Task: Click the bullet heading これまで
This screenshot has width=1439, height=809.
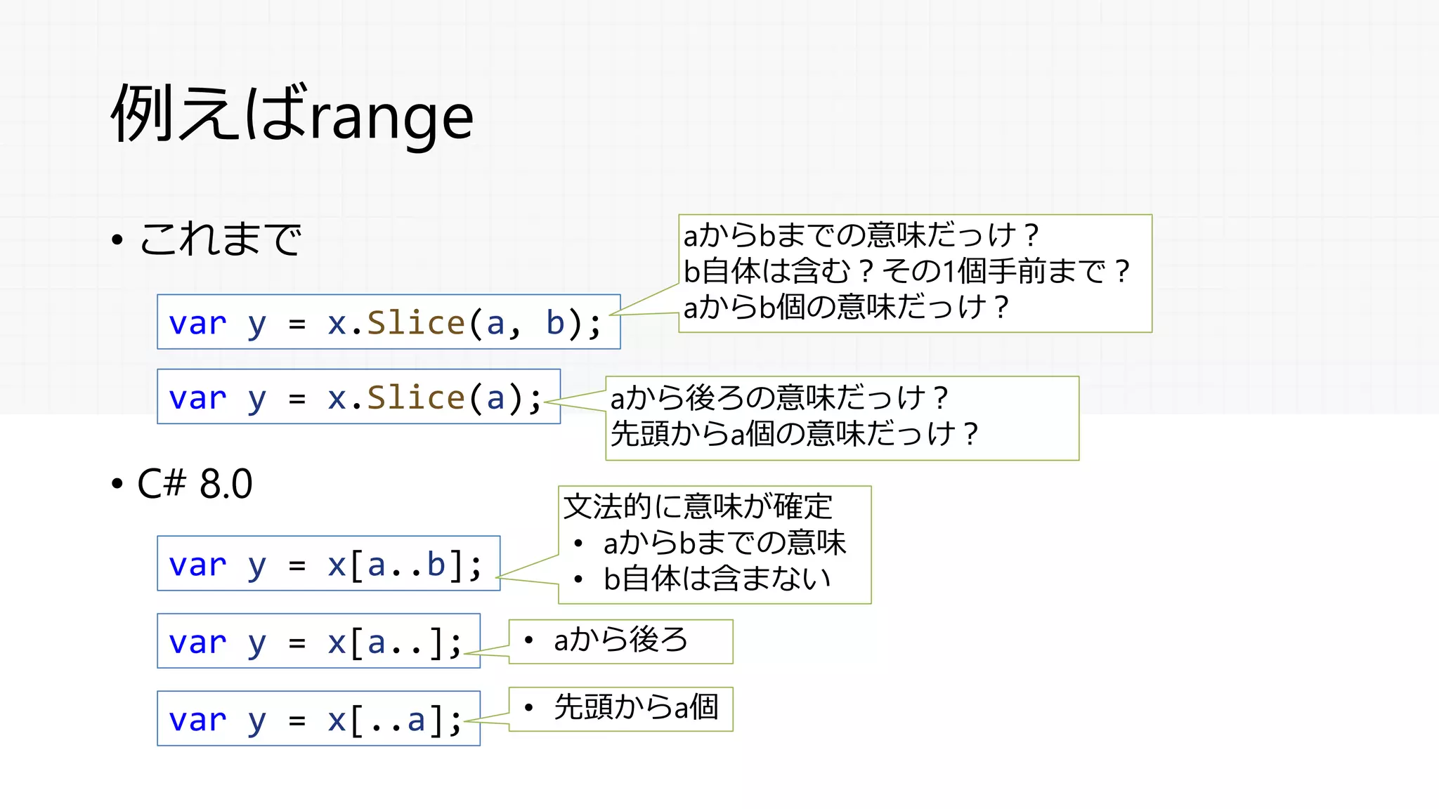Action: pyautogui.click(x=220, y=239)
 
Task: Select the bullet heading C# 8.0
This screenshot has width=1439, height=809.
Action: pyautogui.click(x=195, y=484)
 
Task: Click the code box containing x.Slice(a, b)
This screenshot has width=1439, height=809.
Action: pyautogui.click(x=389, y=322)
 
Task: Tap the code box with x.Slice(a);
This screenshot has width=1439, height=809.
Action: pyautogui.click(x=358, y=397)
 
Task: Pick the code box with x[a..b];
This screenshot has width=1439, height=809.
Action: pyautogui.click(x=328, y=564)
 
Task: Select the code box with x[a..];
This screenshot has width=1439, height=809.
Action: pyautogui.click(x=318, y=641)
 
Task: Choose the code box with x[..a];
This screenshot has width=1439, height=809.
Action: pyautogui.click(x=318, y=718)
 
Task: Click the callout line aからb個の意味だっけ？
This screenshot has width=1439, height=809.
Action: pyautogui.click(x=846, y=307)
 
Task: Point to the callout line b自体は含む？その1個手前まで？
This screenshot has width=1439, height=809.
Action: pyautogui.click(x=906, y=271)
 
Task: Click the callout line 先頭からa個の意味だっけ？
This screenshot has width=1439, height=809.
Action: pyautogui.click(x=794, y=434)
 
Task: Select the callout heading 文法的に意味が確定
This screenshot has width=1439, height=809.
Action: pyautogui.click(x=698, y=506)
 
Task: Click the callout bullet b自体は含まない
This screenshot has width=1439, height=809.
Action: pyautogui.click(x=717, y=579)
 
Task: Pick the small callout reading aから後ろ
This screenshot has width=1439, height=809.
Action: pyautogui.click(x=620, y=640)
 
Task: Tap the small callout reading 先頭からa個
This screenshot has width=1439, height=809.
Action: pyautogui.click(x=636, y=708)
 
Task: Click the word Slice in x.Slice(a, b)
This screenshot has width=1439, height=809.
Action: pyautogui.click(x=416, y=323)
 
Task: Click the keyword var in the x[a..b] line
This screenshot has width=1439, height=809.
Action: pyautogui.click(x=197, y=565)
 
